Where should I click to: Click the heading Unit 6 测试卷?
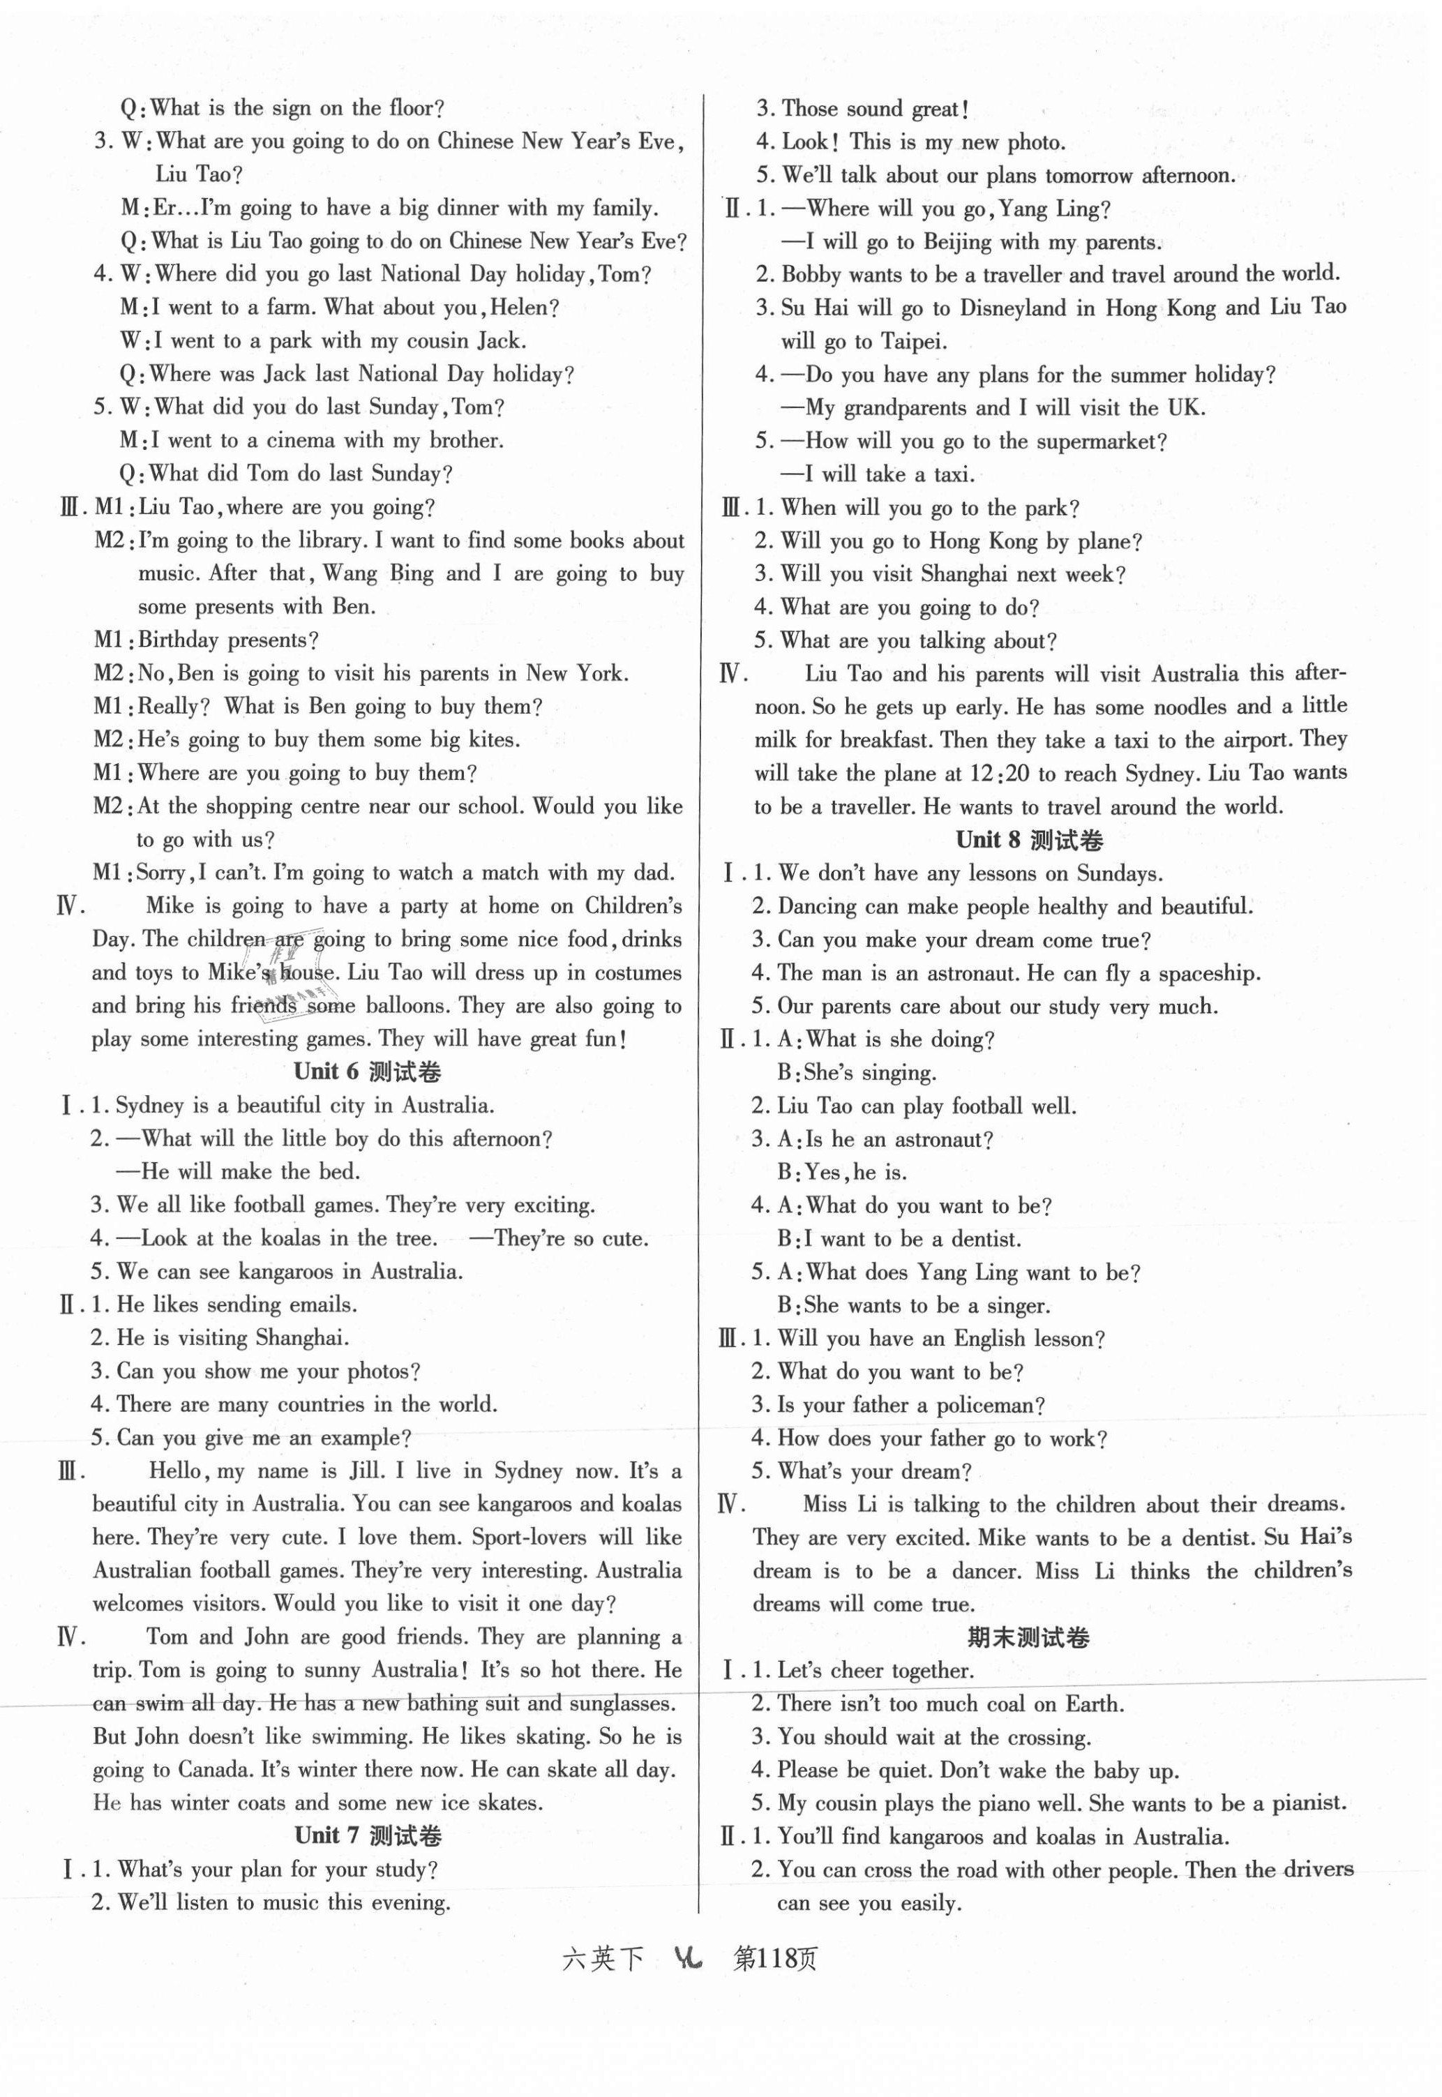[x=368, y=1072]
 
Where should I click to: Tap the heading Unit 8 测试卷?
[x=1030, y=839]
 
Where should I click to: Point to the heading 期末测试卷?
[x=1028, y=1637]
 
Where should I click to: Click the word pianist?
[x=1308, y=1803]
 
